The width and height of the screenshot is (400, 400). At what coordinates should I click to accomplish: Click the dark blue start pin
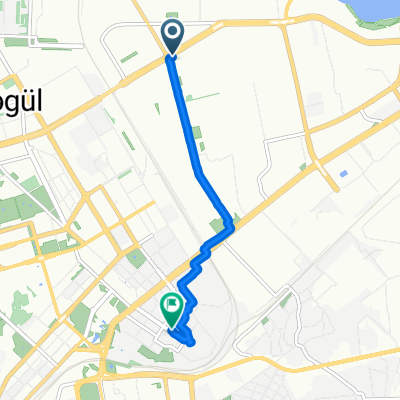[172, 38]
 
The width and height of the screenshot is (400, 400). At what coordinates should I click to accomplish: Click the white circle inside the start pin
[172, 35]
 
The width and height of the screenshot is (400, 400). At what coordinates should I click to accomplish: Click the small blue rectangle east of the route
[344, 174]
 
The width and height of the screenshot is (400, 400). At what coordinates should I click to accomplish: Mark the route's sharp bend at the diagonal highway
[232, 226]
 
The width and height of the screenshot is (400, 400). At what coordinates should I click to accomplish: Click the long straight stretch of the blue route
[188, 120]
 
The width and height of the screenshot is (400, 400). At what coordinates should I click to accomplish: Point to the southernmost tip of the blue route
[190, 343]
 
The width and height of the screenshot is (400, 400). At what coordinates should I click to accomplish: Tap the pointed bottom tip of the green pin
[172, 325]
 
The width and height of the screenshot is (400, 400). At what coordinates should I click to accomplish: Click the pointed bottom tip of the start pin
[172, 55]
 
